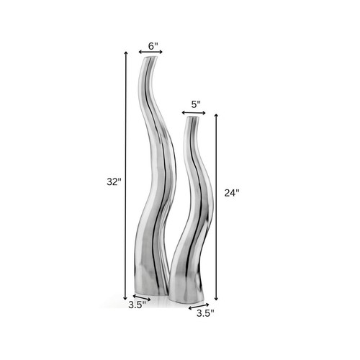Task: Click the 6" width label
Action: pos(153,46)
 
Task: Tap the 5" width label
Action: pos(195,104)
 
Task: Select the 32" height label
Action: pos(112,182)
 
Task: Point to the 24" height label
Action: pos(232,192)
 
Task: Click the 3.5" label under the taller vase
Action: pos(137,305)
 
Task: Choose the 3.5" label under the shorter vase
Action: pos(206,314)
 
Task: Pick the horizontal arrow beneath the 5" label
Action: pos(194,112)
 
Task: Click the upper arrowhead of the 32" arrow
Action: pos(126,55)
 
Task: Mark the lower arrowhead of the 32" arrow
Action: pos(126,297)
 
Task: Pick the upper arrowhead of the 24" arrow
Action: pos(216,113)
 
